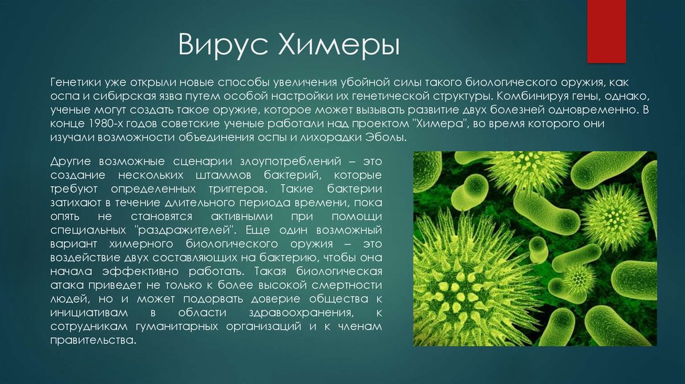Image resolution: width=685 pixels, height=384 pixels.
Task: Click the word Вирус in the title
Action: point(222,44)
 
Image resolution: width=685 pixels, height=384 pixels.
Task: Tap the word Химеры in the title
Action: point(338,44)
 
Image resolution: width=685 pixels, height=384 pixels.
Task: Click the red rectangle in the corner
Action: point(606,31)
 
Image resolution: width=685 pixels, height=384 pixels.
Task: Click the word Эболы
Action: point(389,137)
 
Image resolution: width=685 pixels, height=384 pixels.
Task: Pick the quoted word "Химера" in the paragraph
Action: point(439,123)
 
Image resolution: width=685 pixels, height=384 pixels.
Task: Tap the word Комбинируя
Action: point(532,96)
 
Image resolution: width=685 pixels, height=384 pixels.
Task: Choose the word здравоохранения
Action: point(301,313)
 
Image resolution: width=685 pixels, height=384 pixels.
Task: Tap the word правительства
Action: point(94,341)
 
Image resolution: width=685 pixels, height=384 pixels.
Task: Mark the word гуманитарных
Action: point(177,326)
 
